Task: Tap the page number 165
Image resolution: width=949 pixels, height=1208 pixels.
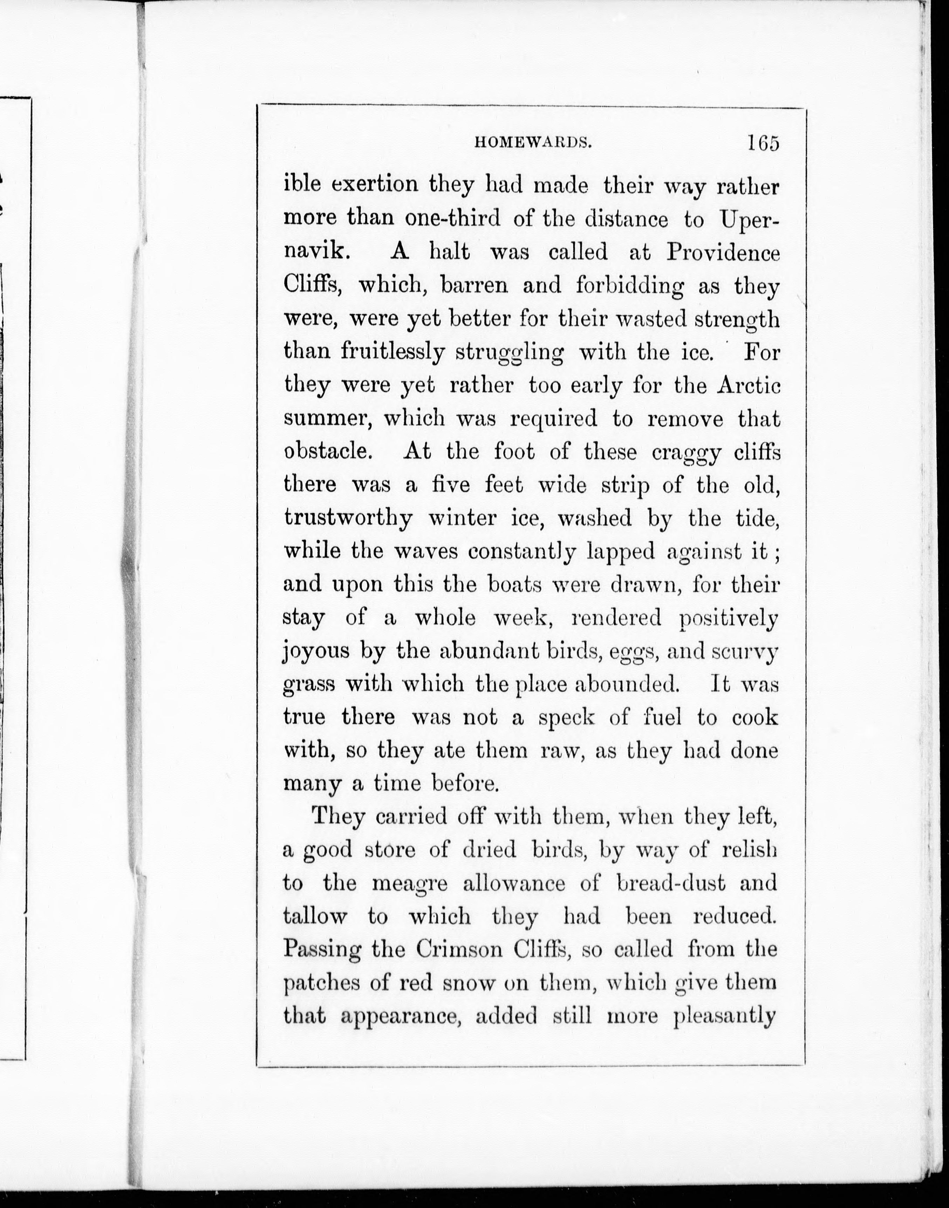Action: click(x=763, y=142)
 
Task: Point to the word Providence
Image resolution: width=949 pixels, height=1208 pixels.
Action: click(x=723, y=253)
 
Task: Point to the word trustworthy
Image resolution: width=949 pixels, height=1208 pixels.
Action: click(x=348, y=518)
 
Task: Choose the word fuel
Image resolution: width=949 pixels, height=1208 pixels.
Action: click(x=661, y=717)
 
